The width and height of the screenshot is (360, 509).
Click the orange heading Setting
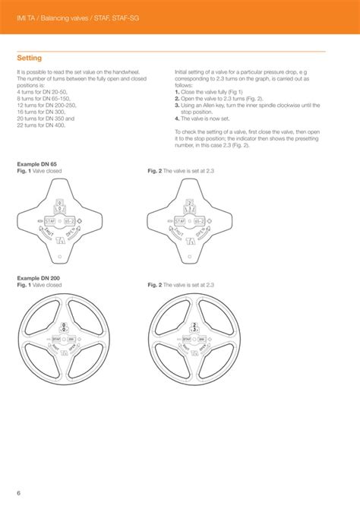point(29,58)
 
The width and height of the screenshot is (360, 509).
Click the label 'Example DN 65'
point(36,165)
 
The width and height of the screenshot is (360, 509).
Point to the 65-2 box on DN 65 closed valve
point(73,221)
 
